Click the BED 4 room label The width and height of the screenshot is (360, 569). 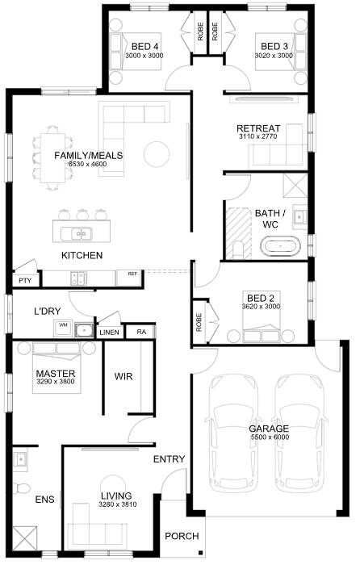144,47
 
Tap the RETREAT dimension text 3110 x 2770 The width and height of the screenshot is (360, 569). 257,136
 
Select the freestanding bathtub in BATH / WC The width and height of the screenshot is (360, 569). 280,246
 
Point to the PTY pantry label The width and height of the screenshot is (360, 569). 25,281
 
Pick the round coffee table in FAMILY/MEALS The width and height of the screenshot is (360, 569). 157,154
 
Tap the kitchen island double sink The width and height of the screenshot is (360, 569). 76,234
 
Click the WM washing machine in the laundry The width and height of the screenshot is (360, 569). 63,328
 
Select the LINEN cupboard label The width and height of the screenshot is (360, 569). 109,332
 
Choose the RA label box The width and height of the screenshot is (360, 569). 141,332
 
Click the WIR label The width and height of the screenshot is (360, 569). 123,376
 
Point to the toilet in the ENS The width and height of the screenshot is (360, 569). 21,487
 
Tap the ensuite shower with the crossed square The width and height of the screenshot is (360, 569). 25,538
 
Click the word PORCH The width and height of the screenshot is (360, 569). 182,536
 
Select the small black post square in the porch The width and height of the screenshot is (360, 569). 200,553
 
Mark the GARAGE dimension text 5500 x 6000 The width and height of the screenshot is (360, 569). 270,437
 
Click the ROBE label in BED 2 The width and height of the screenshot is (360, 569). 199,322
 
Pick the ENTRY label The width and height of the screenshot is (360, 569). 170,459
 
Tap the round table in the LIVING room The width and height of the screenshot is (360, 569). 113,487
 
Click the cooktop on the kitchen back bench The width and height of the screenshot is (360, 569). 79,278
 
